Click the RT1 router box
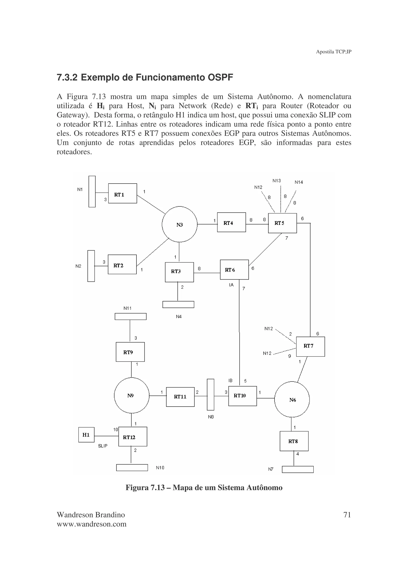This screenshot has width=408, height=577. pos(123,193)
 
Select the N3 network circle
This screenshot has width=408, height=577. pos(179,224)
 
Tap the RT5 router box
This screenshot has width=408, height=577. pos(282,223)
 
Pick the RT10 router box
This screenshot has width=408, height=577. pos(242,396)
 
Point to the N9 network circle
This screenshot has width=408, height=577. pos(131,395)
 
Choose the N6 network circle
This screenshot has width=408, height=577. pos(292,400)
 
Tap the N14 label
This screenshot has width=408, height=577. pos(299,182)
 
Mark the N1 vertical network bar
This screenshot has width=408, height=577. pos(92,192)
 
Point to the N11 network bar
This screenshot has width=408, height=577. pos(130,316)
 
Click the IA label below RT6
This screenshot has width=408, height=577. pos(231,285)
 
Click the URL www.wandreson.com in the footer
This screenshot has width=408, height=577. pos(91,524)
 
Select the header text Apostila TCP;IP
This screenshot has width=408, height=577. pos(333,52)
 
